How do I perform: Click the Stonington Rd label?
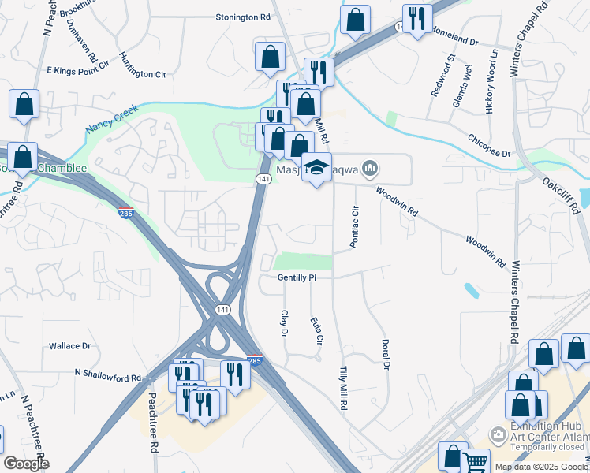coord(243,17)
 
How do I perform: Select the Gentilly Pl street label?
coord(297,278)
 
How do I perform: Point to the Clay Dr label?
coord(284,323)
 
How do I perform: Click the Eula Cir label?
coord(318,330)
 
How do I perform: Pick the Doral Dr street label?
coord(386,354)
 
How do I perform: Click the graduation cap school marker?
coord(317,167)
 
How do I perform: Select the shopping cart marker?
coord(475,462)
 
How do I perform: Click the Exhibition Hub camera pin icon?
coord(498,434)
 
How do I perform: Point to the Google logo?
coord(26,464)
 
